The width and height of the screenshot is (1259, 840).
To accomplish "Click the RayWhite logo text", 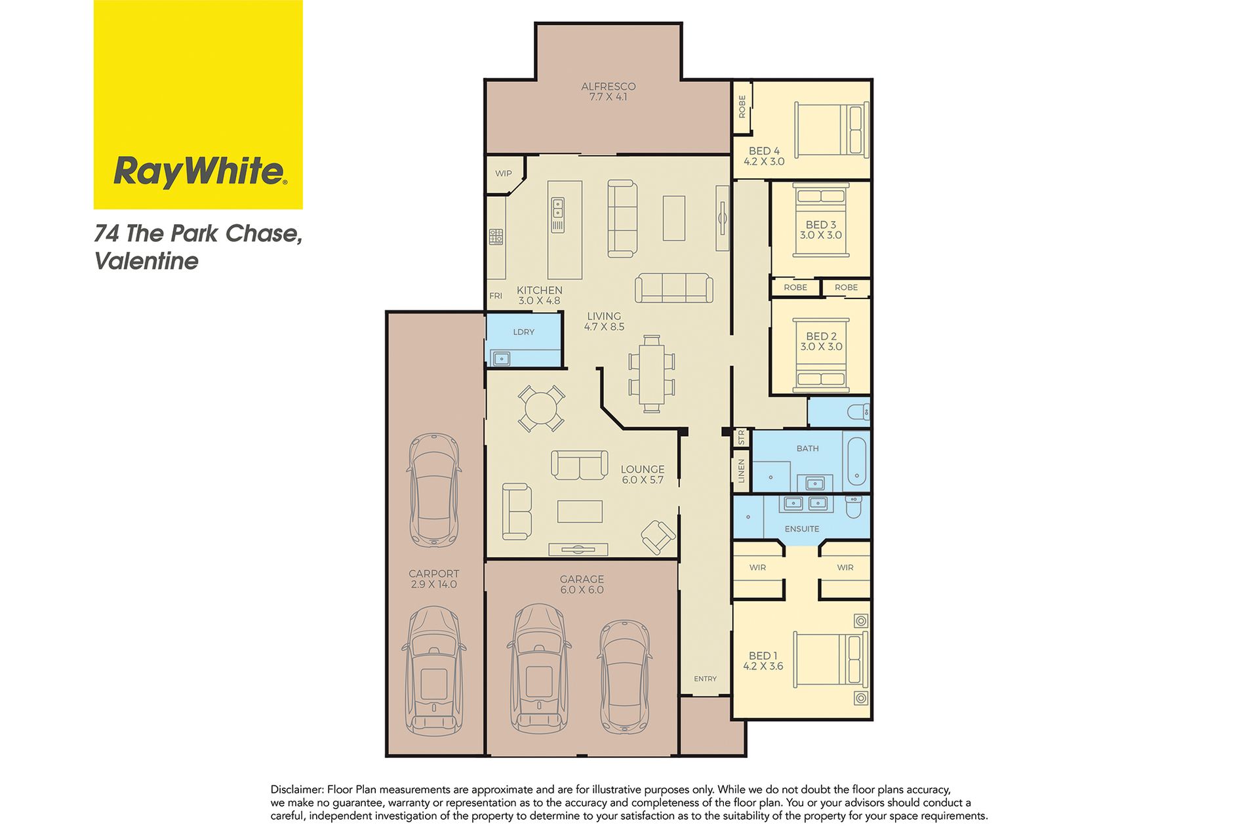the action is click(x=199, y=172).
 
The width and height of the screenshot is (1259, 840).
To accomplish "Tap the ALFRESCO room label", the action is click(x=608, y=86).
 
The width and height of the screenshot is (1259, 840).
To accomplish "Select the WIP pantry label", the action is click(x=504, y=174).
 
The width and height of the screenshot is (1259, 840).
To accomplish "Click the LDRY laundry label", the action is click(x=523, y=332).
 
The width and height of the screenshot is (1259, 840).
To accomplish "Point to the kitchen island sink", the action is click(x=558, y=209).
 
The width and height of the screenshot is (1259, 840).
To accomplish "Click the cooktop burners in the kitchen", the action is click(x=496, y=237).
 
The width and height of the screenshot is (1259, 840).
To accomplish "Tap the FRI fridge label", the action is click(x=496, y=296).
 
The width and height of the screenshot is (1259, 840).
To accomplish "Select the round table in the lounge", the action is click(x=542, y=409).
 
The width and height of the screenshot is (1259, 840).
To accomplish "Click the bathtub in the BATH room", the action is click(x=857, y=460).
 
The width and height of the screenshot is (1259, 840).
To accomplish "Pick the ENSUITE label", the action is click(x=802, y=529).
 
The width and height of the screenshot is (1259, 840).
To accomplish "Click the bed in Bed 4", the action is click(x=831, y=130).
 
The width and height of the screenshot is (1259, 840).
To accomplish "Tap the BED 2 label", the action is click(x=821, y=336).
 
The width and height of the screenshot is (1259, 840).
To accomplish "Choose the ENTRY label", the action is click(x=706, y=679).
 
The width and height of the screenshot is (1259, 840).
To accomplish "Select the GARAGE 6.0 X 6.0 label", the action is click(x=582, y=584).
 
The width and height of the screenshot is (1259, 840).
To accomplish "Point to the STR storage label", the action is click(x=742, y=437).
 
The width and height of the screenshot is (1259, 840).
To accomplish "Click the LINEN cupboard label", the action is click(x=742, y=471).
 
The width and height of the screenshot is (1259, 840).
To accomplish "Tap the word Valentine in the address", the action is click(x=146, y=261).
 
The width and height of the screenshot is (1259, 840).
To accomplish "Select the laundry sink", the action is click(x=502, y=359).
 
